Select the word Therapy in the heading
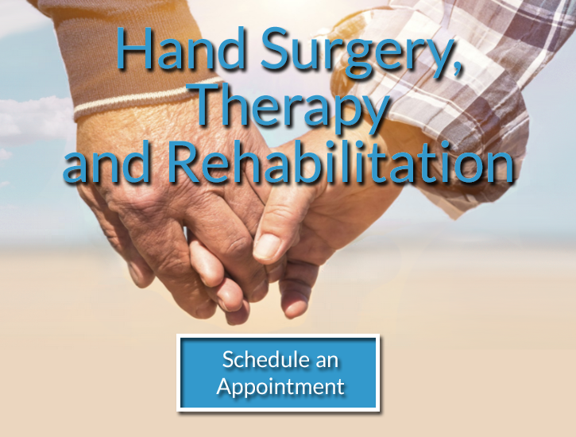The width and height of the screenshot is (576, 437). [292, 106]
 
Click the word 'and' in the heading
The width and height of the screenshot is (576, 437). [110, 163]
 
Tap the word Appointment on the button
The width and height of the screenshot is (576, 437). [280, 388]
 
